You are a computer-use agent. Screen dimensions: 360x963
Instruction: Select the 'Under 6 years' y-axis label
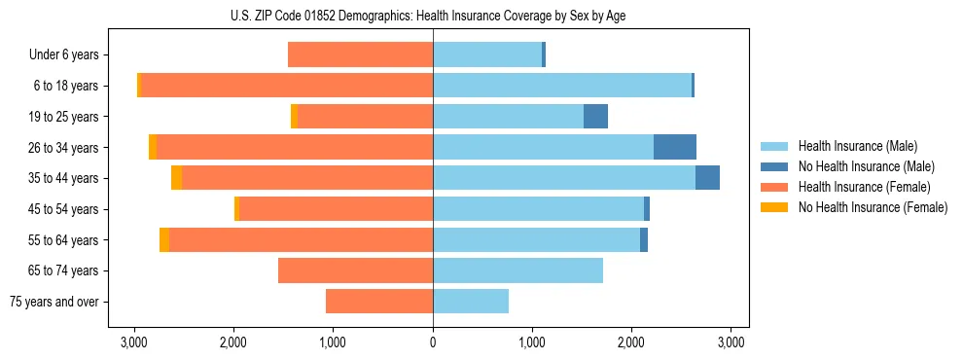69,54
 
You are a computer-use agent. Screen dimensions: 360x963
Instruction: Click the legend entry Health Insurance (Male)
857,146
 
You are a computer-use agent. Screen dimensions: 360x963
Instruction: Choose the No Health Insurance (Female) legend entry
873,207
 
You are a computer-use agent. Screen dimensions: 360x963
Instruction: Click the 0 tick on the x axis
433,342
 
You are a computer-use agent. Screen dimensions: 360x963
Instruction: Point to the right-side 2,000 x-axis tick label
631,342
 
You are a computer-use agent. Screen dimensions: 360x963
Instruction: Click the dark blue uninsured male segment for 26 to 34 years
674,147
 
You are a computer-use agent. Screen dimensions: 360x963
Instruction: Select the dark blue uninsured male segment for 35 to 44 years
707,178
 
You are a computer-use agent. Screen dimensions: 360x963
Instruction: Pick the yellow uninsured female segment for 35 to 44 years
176,178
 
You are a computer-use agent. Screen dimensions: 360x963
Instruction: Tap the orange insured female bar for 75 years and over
379,302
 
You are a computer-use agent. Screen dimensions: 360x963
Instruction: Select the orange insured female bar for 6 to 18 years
287,86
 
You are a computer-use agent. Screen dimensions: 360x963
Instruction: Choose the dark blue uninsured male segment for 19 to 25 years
595,117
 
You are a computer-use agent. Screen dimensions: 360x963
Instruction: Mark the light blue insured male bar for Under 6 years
486,54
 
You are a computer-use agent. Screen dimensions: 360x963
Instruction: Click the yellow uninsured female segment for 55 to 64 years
164,239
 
